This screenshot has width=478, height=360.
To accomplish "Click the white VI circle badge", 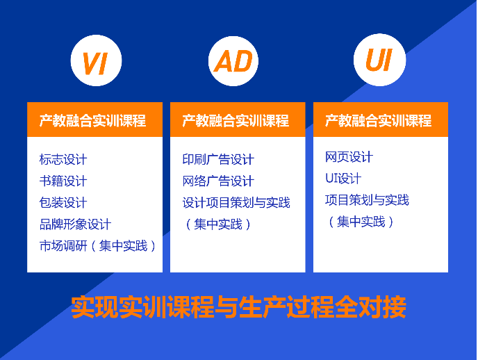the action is tap(96, 60).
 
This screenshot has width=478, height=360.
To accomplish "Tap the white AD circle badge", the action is tap(233, 61).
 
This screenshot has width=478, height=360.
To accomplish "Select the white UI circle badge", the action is tap(379, 60).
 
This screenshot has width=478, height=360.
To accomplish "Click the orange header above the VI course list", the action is tap(94, 120).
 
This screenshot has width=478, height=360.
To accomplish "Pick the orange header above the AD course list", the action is tap(238, 120).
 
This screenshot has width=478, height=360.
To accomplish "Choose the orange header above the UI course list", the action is tap(381, 120).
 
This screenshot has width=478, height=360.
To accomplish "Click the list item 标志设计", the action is tap(63, 159).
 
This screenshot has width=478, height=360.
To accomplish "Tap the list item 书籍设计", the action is tap(63, 181).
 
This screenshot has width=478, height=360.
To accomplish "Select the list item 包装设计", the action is tap(63, 203).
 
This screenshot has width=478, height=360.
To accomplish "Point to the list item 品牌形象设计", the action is tap(75, 224).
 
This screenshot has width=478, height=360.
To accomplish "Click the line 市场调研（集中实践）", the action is tap(97, 246).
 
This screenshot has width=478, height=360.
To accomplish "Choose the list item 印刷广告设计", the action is tap(218, 159).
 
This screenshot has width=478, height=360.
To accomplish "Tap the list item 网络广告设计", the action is tap(218, 181).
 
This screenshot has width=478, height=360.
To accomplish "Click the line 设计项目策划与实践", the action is tap(236, 203).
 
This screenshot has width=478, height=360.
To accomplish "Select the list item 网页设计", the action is tap(349, 157).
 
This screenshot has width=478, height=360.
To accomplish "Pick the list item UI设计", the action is tap(343, 179).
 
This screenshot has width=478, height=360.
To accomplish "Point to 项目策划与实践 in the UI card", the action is tap(367, 200).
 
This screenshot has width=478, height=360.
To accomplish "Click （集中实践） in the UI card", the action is tap(361, 222).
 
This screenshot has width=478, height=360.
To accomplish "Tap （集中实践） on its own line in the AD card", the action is tap(218, 224).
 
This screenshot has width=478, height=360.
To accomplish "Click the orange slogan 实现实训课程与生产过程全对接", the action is tap(239, 307).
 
